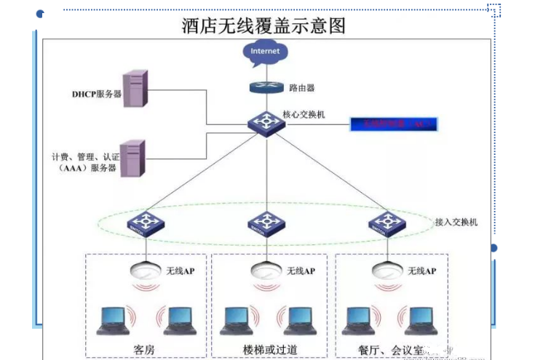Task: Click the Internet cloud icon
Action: [x=265, y=52]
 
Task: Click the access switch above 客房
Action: [x=145, y=224]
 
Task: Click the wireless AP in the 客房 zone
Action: [x=145, y=270]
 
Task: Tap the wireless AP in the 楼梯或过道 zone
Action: [x=266, y=270]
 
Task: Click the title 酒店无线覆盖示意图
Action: [x=263, y=27]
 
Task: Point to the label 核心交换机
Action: [x=304, y=115]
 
